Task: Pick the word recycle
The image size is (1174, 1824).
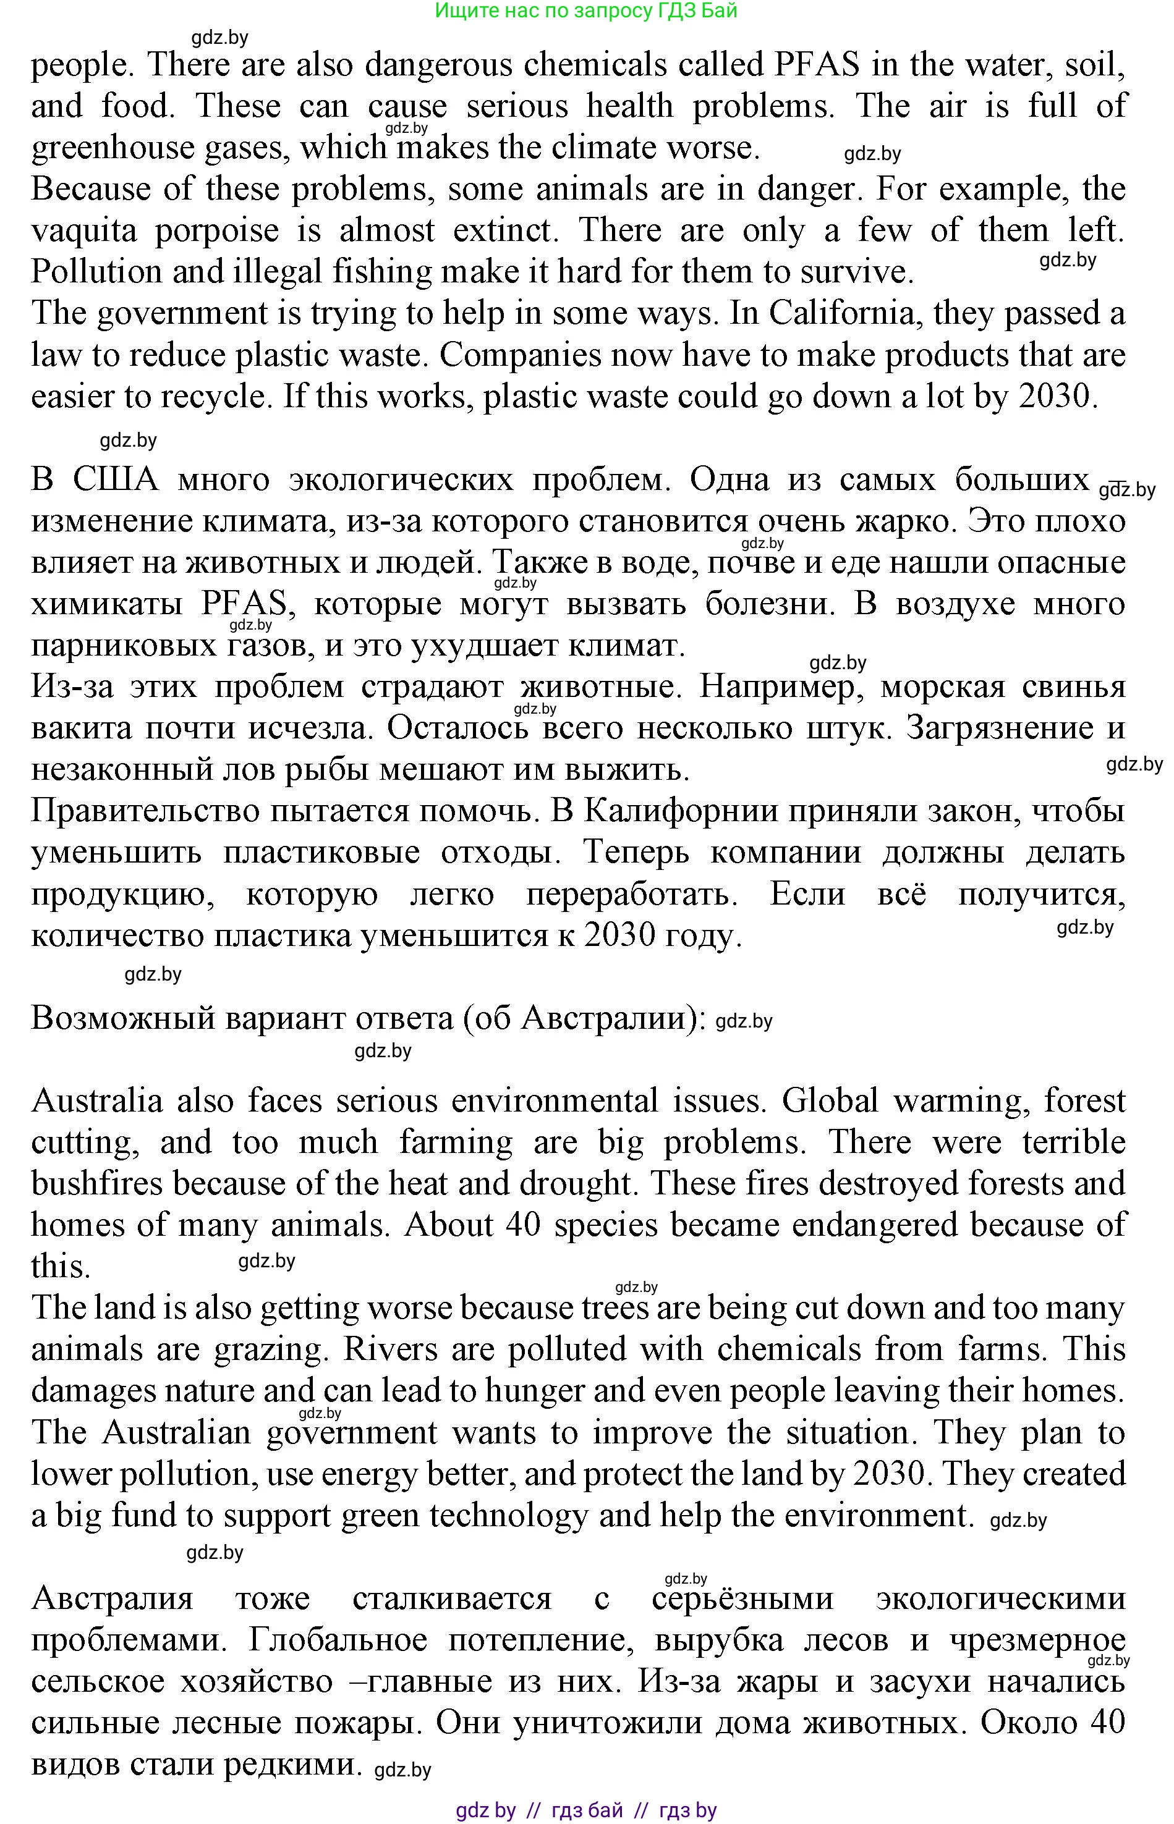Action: [211, 397]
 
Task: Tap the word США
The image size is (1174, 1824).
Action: [115, 480]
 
